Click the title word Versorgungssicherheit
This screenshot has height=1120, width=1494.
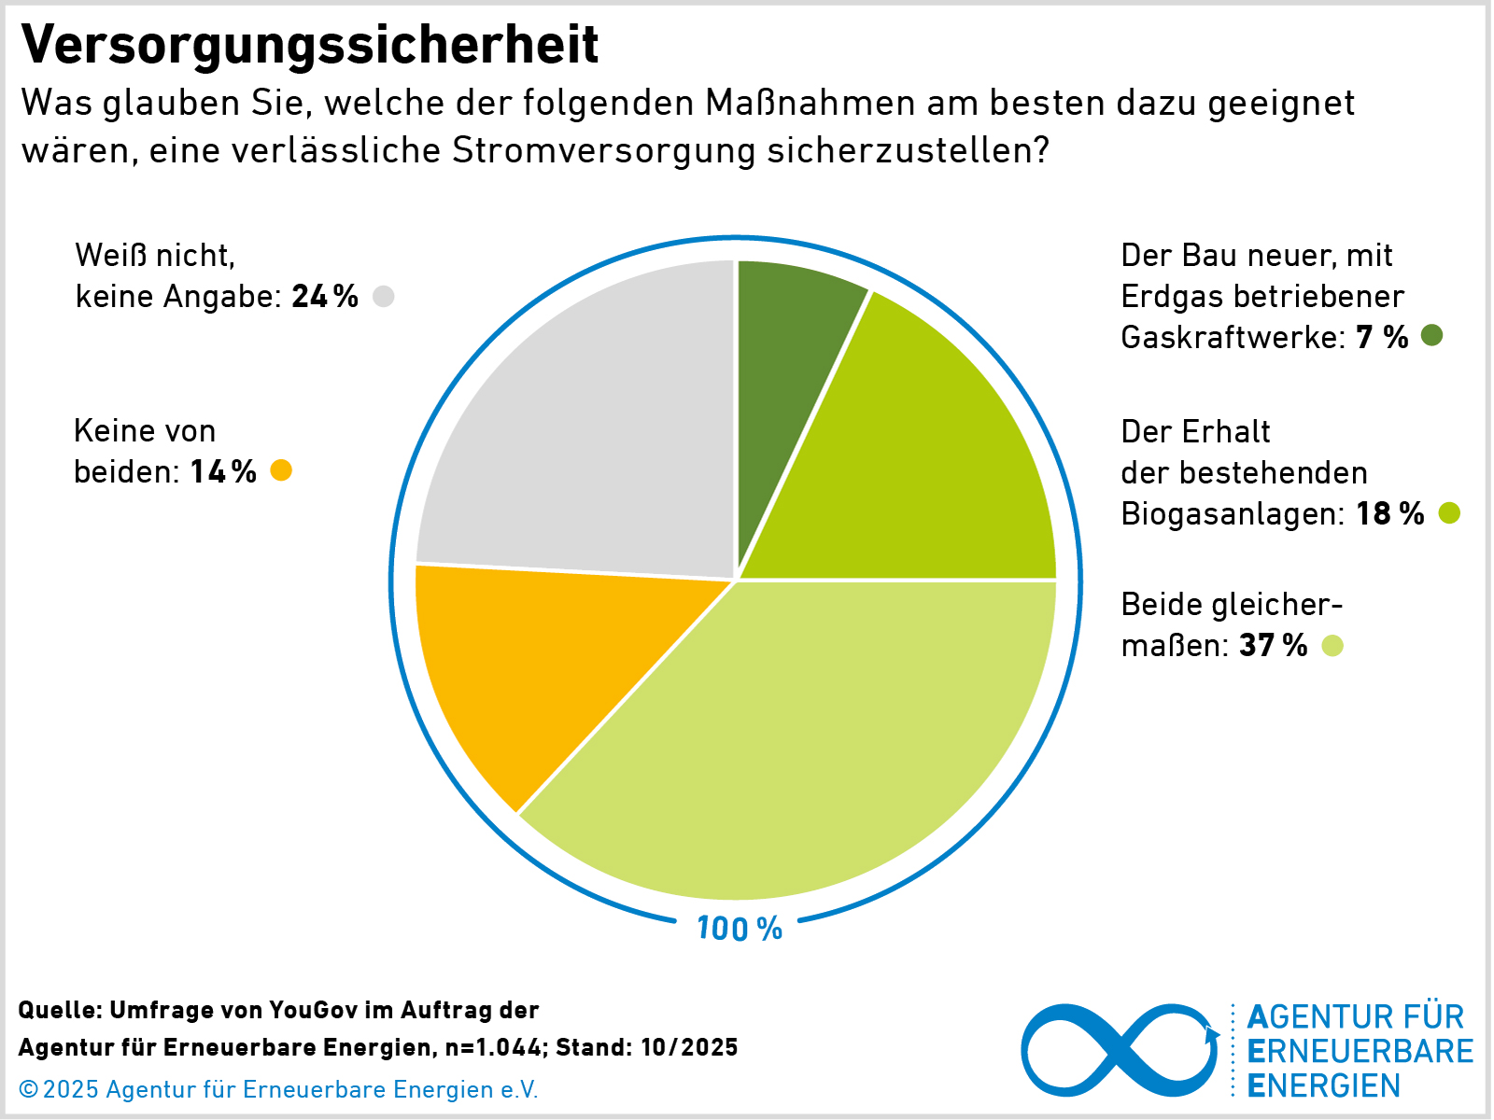[x=309, y=45]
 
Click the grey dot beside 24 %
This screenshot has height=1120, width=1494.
[x=383, y=297]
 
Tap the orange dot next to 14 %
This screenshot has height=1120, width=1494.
[x=281, y=470]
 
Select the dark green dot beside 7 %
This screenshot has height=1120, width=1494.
[x=1431, y=336]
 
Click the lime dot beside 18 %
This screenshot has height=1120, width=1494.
[x=1449, y=512]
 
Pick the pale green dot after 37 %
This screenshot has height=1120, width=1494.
[x=1332, y=645]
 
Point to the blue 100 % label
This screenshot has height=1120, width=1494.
[x=740, y=929]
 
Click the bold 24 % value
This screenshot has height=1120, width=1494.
[x=325, y=297]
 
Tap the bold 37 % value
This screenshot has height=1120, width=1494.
[x=1274, y=645]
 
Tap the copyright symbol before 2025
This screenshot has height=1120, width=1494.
[x=28, y=1089]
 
